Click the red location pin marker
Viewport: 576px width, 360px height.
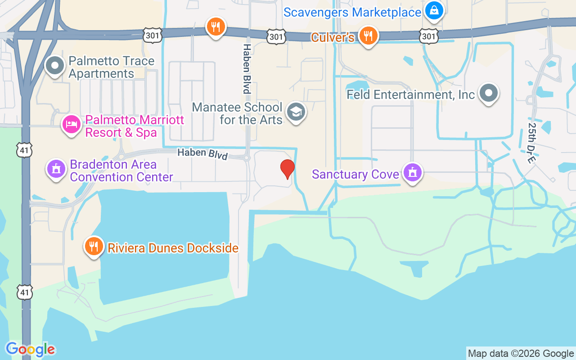point(288,169)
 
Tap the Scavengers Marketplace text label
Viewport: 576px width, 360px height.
point(352,12)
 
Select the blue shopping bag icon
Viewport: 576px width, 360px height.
point(434,10)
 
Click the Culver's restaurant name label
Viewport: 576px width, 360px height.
point(333,37)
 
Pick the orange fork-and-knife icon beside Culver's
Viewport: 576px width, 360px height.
point(368,36)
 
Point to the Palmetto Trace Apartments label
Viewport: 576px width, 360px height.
point(111,67)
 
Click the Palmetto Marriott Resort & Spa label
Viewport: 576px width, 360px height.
point(135,126)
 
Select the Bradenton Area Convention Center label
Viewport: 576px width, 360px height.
point(121,171)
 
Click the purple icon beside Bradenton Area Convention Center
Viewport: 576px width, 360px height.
point(56,170)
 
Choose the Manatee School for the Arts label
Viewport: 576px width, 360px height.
point(237,113)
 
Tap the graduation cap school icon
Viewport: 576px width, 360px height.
point(296,112)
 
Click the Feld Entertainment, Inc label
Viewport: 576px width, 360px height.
point(410,94)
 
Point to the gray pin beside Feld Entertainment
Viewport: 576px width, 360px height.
point(489,94)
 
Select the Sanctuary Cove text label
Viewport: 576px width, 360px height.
point(355,174)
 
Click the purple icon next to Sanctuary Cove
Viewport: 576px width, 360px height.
point(412,172)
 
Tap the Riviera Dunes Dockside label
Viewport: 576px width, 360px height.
point(173,248)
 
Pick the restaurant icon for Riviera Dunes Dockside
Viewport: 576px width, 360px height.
point(94,247)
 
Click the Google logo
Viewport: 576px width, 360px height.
point(30,349)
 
